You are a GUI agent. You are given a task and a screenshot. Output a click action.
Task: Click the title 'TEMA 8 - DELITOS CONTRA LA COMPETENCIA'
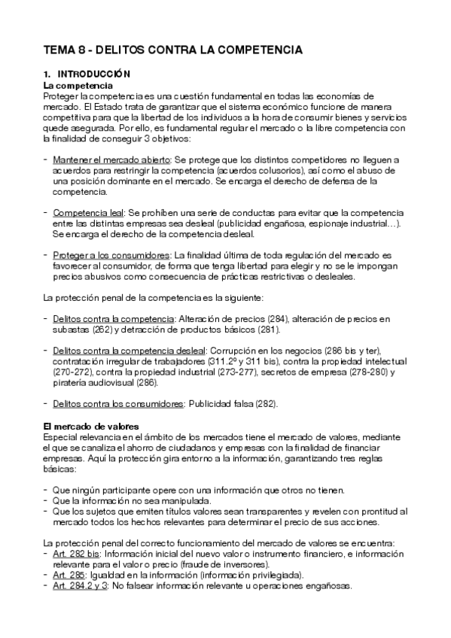[172, 50]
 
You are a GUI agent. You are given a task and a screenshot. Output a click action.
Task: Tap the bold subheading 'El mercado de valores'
[91, 427]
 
